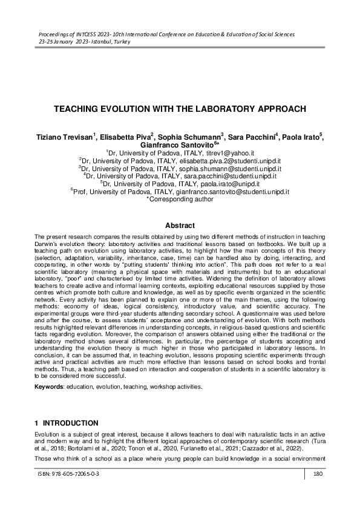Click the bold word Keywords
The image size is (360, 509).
pyautogui.click(x=50, y=385)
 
